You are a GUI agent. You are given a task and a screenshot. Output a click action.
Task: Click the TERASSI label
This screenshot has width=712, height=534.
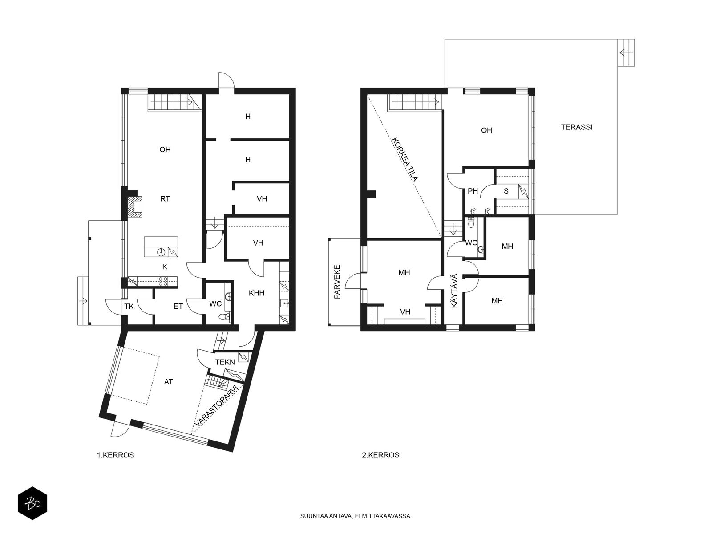tap(576, 127)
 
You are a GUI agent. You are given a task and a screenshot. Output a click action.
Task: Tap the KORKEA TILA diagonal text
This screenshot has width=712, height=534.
tap(405, 159)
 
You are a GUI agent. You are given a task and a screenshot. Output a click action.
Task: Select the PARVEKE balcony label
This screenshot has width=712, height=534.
tap(337, 282)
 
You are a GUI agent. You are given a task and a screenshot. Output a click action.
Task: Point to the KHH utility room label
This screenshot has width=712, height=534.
tap(256, 293)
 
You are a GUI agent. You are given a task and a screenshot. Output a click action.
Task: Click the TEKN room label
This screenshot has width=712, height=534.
tap(225, 362)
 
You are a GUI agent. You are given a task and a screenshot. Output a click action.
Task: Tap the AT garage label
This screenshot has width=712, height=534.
tap(168, 382)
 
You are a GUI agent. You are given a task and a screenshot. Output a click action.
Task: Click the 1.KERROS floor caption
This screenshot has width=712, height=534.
tap(115, 455)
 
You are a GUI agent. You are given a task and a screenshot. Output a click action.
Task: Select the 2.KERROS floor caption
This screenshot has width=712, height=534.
tap(380, 455)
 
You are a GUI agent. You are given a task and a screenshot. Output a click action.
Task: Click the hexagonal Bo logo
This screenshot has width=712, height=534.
tap(32, 503)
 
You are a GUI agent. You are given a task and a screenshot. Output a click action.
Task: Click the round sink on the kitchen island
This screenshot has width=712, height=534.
tap(161, 251)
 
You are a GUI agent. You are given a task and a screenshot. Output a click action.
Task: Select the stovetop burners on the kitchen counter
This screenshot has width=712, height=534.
tap(163, 281)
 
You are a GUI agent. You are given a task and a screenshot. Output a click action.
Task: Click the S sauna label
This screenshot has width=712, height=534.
tap(506, 191)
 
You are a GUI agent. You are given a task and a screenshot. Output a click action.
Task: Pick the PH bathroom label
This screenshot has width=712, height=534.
tap(473, 191)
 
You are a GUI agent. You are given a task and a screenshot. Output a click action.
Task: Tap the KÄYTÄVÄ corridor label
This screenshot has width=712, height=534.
tap(454, 291)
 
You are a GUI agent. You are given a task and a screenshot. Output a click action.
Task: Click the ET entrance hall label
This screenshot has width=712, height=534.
tap(178, 306)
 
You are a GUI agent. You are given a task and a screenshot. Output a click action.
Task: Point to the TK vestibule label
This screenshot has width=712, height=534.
tap(129, 306)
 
